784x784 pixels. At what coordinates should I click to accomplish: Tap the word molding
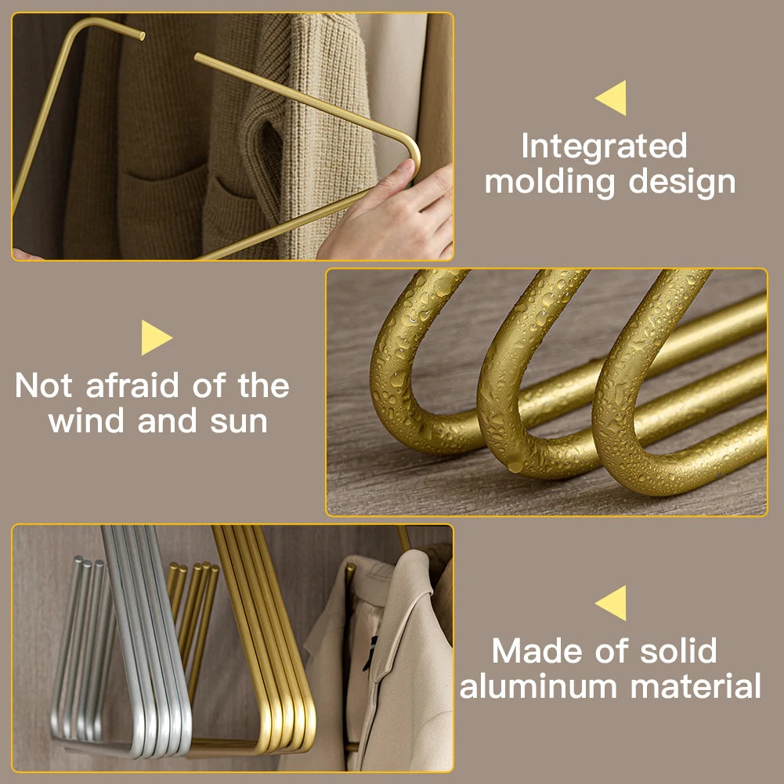click(550, 182)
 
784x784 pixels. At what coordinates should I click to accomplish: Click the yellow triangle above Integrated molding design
click(612, 98)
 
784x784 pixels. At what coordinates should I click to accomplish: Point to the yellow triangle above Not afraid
click(155, 338)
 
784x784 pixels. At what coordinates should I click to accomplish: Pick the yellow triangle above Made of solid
click(612, 603)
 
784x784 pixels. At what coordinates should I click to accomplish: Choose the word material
click(696, 686)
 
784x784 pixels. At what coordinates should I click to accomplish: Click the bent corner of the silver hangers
click(168, 736)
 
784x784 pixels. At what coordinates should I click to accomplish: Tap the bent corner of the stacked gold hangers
click(290, 736)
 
